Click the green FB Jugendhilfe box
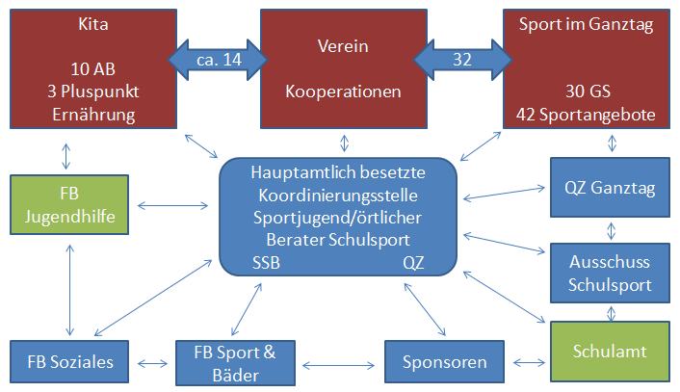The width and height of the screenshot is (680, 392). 69,205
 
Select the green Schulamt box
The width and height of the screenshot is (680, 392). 610,352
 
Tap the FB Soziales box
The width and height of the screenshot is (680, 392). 69,361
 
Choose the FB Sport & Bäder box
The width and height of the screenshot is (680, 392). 235,363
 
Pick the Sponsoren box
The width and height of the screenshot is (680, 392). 445,361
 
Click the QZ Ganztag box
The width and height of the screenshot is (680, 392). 610,187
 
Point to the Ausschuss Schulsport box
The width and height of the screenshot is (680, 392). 610,274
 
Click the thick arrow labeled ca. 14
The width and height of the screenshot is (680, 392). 218,60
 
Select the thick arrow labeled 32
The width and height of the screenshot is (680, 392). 462,60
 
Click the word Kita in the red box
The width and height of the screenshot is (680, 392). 93,24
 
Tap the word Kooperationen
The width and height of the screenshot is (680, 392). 343,91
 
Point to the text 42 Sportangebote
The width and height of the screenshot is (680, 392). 586,115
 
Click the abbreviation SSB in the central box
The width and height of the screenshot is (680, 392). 266,263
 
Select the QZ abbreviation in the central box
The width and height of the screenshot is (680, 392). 413,263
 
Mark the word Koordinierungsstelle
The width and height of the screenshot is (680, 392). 338,196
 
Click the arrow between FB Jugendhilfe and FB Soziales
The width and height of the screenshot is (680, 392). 69,290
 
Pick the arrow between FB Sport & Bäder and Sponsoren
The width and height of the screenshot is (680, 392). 338,366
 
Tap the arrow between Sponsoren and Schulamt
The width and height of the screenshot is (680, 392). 529,362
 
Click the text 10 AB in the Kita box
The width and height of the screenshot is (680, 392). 93,69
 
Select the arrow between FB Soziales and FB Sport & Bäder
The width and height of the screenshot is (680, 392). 152,363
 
